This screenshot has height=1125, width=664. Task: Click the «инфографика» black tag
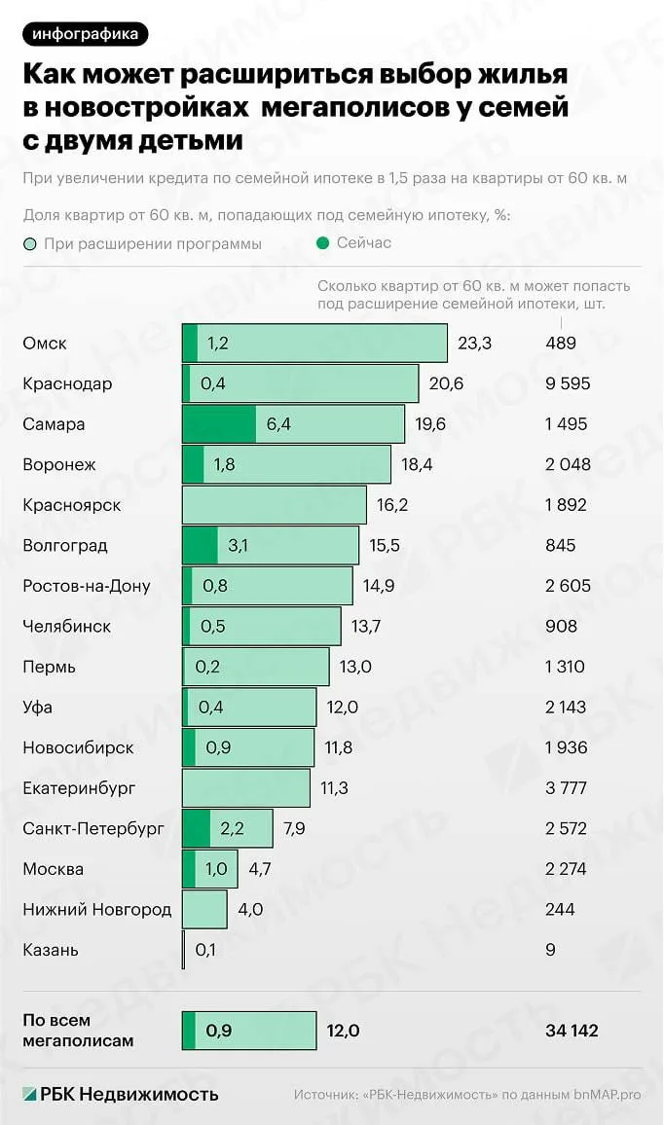[86, 34]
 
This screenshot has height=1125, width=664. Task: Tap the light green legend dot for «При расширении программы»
[29, 244]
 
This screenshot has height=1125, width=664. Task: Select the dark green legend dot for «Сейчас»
[322, 243]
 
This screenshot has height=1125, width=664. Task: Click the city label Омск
[45, 343]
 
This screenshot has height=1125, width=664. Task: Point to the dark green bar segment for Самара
[219, 424]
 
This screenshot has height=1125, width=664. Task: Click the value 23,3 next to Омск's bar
[474, 343]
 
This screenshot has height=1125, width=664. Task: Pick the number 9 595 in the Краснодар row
[568, 383]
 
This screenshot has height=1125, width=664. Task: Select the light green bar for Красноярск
[275, 505]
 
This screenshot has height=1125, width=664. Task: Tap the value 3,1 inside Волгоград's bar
[238, 545]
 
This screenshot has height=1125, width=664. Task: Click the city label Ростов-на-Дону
[87, 586]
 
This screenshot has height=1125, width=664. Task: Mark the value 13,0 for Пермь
[355, 667]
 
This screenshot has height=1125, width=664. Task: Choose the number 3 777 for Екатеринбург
[567, 787]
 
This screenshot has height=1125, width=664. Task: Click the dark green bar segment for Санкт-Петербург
[196, 829]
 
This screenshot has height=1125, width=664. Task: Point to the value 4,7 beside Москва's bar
[260, 869]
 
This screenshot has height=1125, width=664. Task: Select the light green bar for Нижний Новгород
[204, 910]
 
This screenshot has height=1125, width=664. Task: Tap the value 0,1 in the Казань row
[205, 950]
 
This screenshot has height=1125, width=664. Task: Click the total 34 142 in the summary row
[572, 1031]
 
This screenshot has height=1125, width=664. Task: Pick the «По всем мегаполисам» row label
[78, 1031]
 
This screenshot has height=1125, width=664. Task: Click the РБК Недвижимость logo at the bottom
[120, 1094]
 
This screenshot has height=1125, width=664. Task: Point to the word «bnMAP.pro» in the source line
[608, 1095]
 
